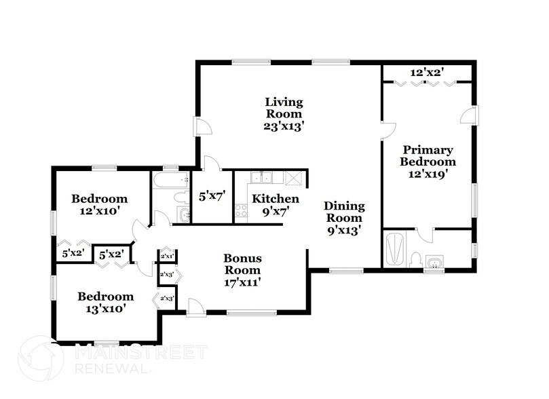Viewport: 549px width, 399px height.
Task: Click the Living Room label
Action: click(x=284, y=108)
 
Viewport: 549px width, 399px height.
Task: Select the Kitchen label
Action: click(x=276, y=199)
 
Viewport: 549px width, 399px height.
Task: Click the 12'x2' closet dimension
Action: click(x=427, y=73)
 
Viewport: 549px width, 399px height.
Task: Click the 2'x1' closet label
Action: click(x=167, y=256)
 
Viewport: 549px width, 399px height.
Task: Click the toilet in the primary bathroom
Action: click(x=415, y=261)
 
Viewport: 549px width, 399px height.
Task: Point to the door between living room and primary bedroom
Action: click(x=387, y=131)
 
